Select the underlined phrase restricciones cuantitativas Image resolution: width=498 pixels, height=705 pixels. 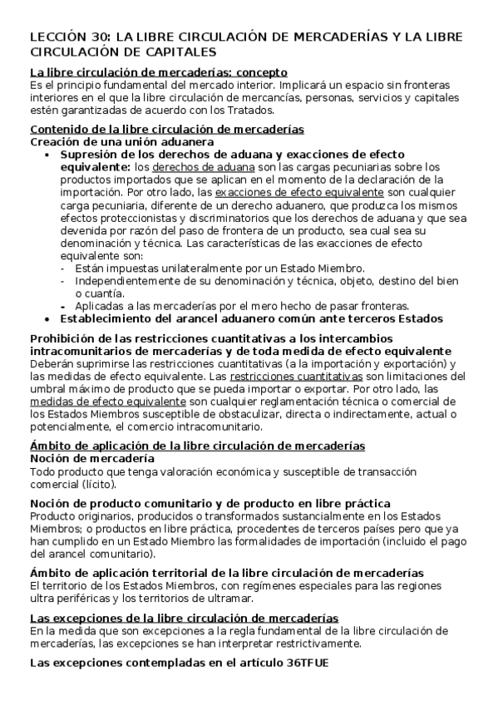(288, 377)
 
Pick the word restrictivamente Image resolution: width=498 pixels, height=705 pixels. (314, 643)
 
